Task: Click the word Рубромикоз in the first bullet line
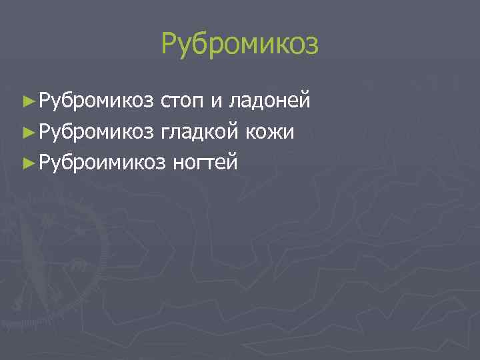(96, 101)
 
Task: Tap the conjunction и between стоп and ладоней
(217, 103)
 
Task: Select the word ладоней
(269, 102)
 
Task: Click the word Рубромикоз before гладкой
(96, 131)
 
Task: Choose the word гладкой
(199, 131)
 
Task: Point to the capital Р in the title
(169, 45)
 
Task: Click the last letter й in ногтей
(232, 161)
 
